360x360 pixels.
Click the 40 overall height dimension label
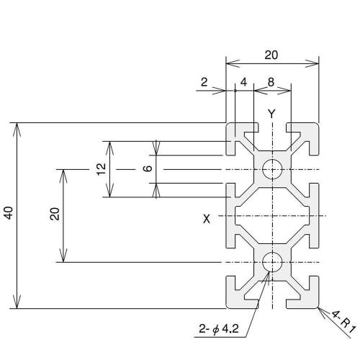pos(8,214)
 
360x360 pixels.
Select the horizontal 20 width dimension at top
pos(271,54)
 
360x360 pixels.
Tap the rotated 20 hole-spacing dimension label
pos(55,214)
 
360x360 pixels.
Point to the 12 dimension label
pos(101,168)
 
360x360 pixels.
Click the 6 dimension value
pos(146,168)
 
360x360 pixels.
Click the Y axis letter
pos(271,114)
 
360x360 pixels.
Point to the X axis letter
pos(207,218)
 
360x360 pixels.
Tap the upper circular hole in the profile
pos(272,169)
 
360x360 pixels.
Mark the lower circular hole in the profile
pos(272,262)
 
